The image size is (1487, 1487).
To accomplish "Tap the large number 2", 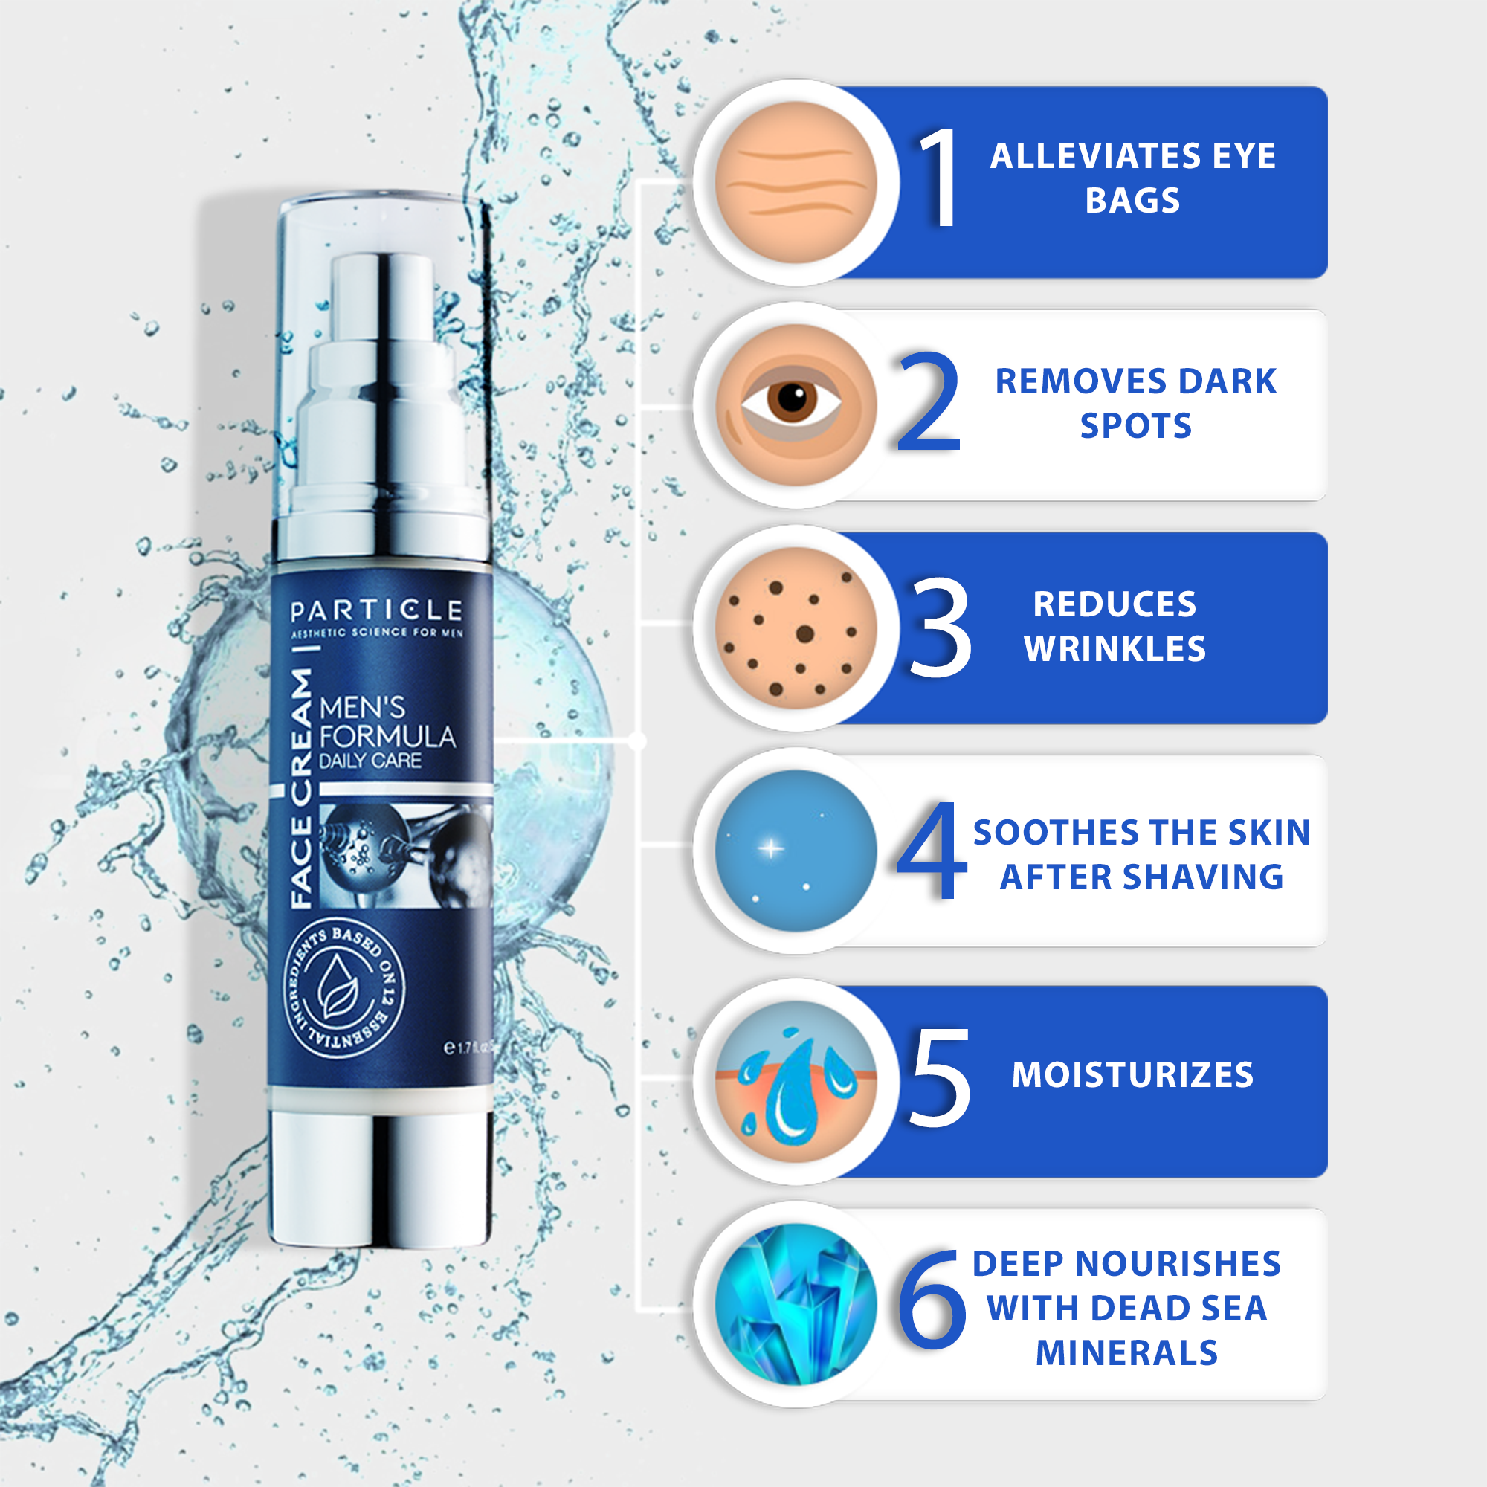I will tap(930, 401).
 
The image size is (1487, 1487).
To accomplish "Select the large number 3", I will tap(940, 628).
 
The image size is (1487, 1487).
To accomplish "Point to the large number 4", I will tap(932, 850).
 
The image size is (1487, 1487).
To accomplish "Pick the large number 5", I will tap(940, 1077).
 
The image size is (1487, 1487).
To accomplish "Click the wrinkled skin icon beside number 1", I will tap(796, 182).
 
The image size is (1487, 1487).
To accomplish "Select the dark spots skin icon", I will tap(796, 628).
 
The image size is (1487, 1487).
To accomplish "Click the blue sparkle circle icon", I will tap(796, 851).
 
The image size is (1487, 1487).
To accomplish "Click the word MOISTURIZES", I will tap(1132, 1075).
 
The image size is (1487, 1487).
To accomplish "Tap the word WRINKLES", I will tap(1115, 649).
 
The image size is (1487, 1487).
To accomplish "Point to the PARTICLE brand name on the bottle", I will tap(376, 611).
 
